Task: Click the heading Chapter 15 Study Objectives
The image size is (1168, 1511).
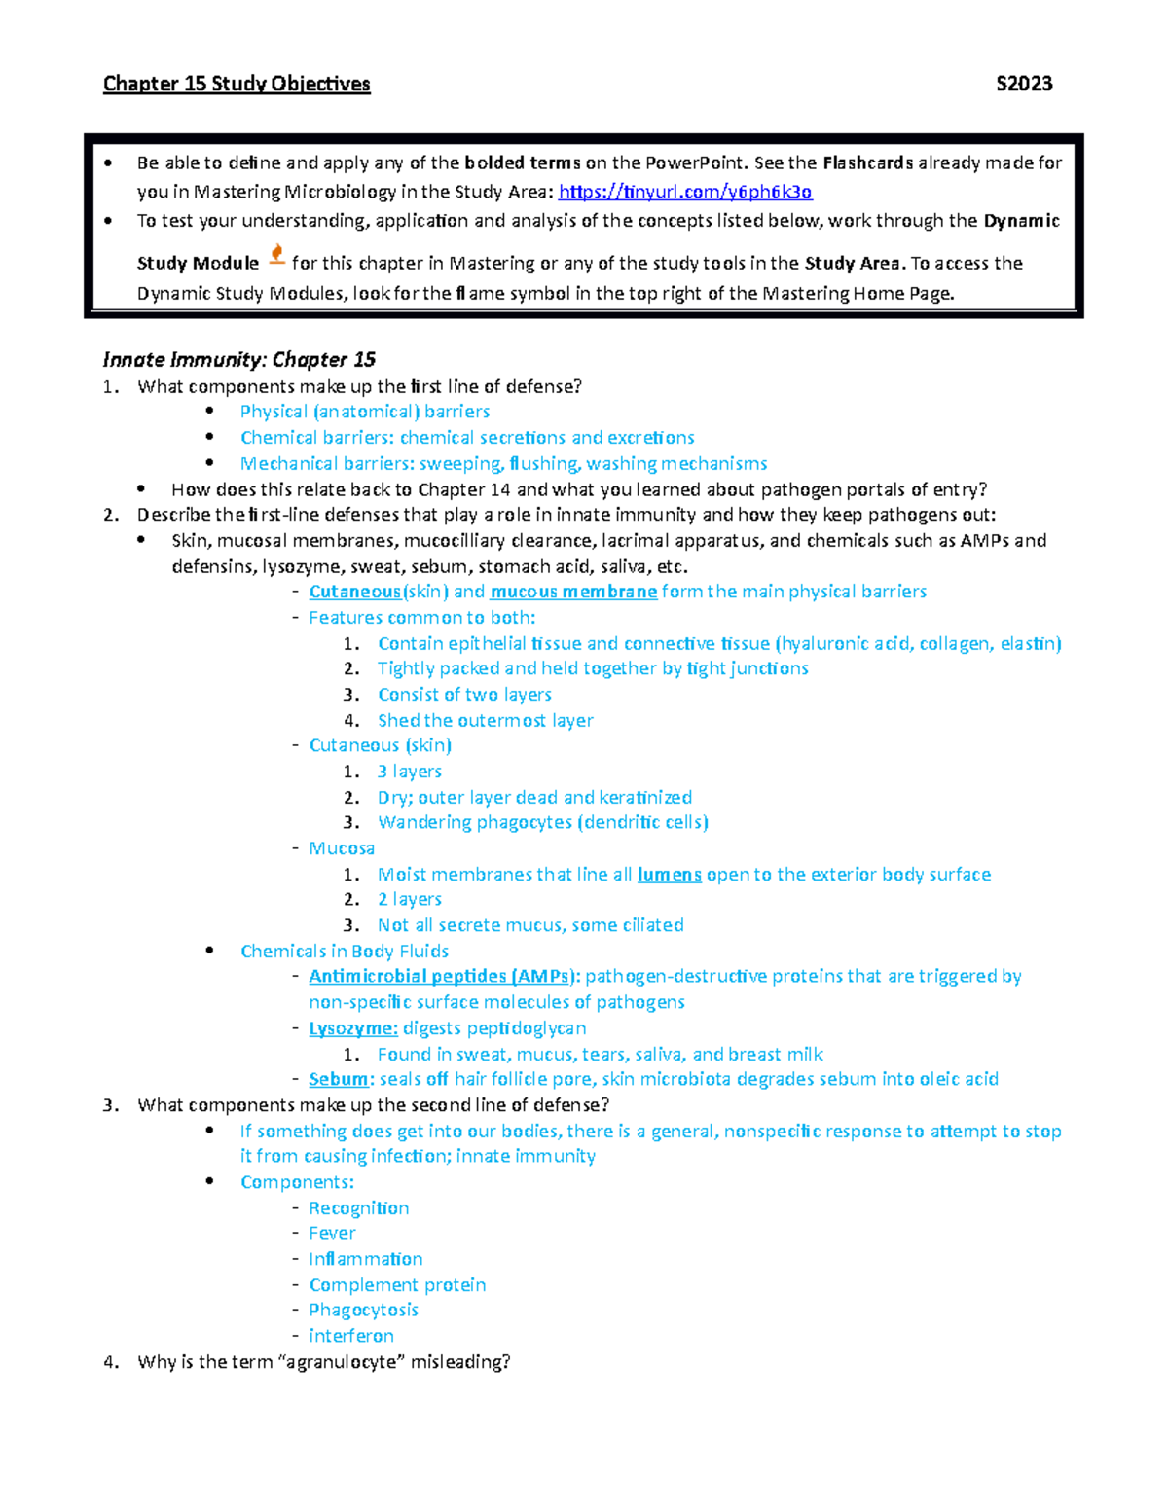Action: pos(237,84)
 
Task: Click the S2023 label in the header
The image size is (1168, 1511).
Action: pos(1024,84)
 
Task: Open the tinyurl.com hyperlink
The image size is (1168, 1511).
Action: pos(685,192)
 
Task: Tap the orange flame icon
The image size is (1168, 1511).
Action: pos(276,255)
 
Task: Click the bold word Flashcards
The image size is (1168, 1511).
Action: pos(867,162)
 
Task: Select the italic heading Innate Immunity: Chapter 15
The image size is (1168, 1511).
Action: pos(239,360)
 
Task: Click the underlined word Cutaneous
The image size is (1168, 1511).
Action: pos(354,592)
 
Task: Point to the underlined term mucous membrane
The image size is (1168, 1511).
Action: pos(573,592)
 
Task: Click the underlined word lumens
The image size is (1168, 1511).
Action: pos(669,874)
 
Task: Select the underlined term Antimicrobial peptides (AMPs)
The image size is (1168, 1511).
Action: pos(444,976)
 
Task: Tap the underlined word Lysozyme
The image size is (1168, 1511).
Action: pos(352,1028)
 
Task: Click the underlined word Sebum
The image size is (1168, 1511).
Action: pos(338,1079)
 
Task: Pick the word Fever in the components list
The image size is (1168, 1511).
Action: pos(332,1233)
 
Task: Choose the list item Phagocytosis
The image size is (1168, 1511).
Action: pos(363,1310)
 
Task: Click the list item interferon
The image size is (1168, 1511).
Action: pos(350,1336)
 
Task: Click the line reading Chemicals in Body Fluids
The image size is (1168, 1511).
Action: pos(345,951)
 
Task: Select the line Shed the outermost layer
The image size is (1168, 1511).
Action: pos(485,720)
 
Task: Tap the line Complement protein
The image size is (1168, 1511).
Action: pos(397,1284)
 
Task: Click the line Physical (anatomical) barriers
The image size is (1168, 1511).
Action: pos(365,412)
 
